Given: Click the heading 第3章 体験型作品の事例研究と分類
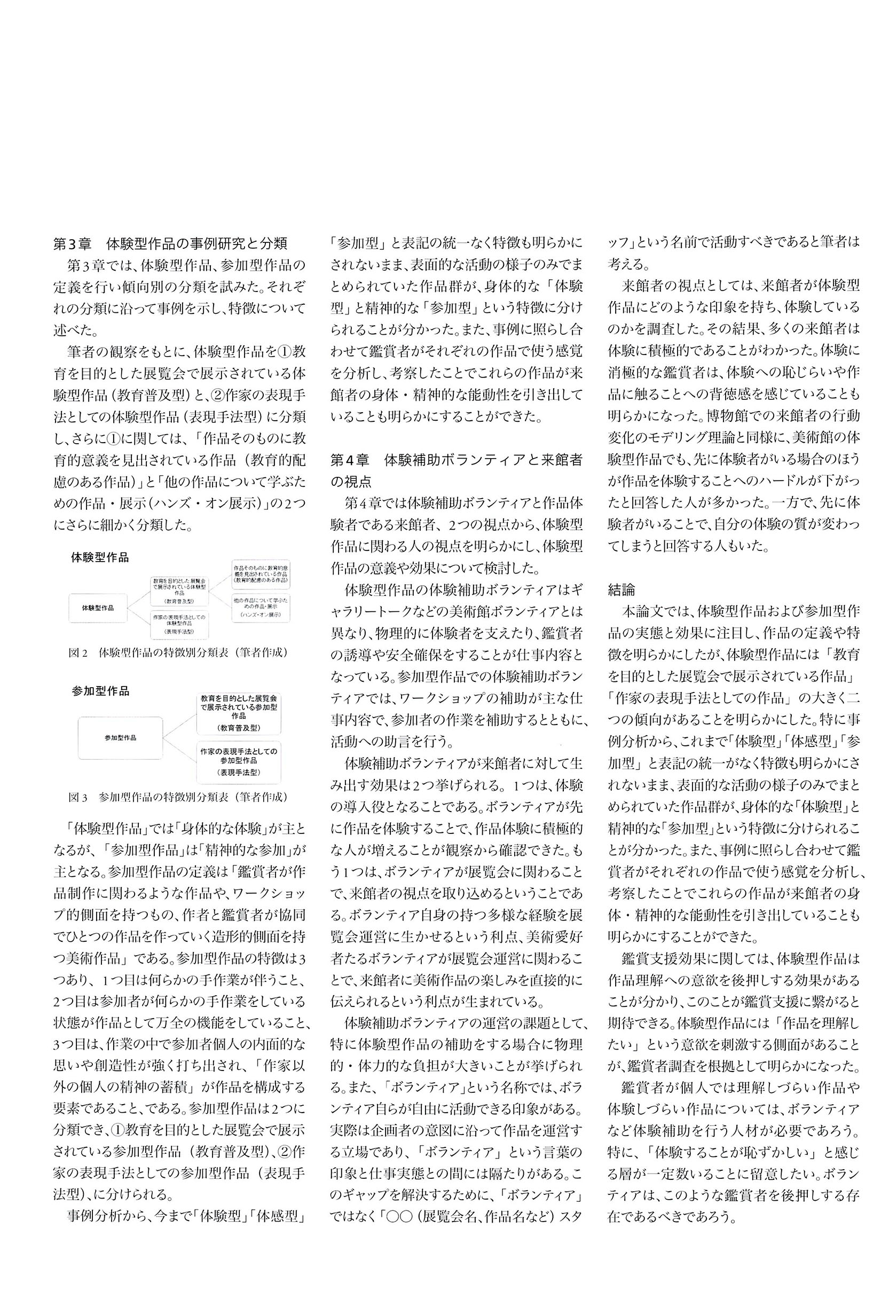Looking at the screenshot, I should [170, 243].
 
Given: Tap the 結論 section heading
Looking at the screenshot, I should [621, 589].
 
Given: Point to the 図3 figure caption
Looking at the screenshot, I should [178, 797].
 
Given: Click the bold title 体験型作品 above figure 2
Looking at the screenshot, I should [100, 558].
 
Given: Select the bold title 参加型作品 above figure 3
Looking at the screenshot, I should [100, 691].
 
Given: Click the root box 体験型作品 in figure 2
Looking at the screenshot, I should [97, 608].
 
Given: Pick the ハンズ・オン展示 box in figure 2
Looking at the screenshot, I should [261, 608].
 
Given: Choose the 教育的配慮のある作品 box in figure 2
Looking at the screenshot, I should [261, 574].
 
